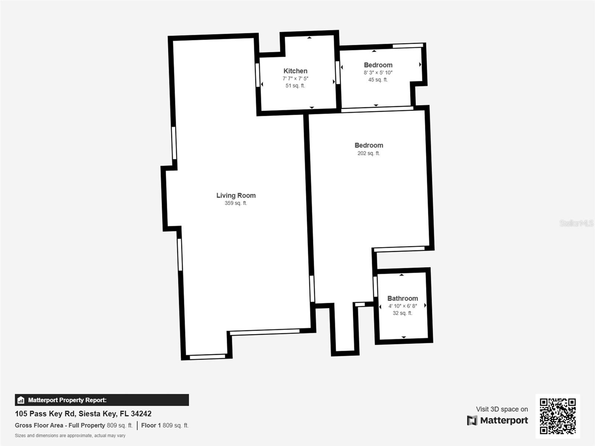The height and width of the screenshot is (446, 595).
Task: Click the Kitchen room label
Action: [x=295, y=71]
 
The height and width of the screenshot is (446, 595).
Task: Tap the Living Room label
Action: [x=236, y=195]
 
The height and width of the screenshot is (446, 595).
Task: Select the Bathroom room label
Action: [x=402, y=298]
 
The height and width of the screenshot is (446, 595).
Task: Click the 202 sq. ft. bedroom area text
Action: [x=369, y=153]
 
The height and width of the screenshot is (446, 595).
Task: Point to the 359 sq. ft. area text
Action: [x=236, y=203]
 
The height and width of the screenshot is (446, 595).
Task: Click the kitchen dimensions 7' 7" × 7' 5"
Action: [x=295, y=78]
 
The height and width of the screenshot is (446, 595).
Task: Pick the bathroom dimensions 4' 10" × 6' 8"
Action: [x=402, y=306]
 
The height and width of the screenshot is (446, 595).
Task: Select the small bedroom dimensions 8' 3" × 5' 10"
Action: [x=378, y=72]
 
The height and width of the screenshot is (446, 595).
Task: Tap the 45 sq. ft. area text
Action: [x=378, y=80]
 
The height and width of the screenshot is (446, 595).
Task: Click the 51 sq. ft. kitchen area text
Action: [x=295, y=85]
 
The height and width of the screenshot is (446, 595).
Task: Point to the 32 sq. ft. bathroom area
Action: [x=402, y=313]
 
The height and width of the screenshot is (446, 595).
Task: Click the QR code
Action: [x=557, y=416]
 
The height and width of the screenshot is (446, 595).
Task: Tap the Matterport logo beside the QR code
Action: [x=498, y=420]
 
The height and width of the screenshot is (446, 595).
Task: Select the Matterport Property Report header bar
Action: [x=102, y=400]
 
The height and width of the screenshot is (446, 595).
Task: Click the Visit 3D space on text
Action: [x=502, y=409]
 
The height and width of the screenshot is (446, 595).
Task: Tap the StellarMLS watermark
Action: [x=577, y=223]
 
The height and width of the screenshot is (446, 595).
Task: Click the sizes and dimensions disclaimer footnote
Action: [x=70, y=436]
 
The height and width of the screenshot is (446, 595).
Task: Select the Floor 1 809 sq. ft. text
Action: [x=165, y=425]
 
